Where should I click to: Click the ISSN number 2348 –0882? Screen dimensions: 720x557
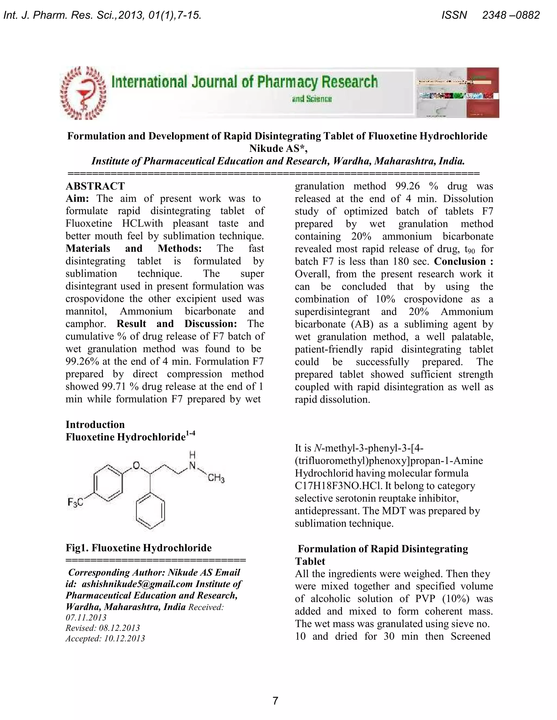pos(511,15)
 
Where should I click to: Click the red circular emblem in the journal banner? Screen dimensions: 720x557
pos(84,93)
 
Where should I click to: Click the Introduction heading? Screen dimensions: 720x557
pos(95,425)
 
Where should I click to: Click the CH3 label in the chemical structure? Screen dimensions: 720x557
pos(216,478)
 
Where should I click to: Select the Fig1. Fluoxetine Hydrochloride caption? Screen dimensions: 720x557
pos(139,548)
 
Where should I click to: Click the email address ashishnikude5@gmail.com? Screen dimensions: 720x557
pos(137,584)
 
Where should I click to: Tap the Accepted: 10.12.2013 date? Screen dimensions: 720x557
pos(105,638)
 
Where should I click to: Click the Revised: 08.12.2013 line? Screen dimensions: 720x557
pos(103,628)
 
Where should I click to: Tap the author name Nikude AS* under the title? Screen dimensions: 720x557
pos(278,149)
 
